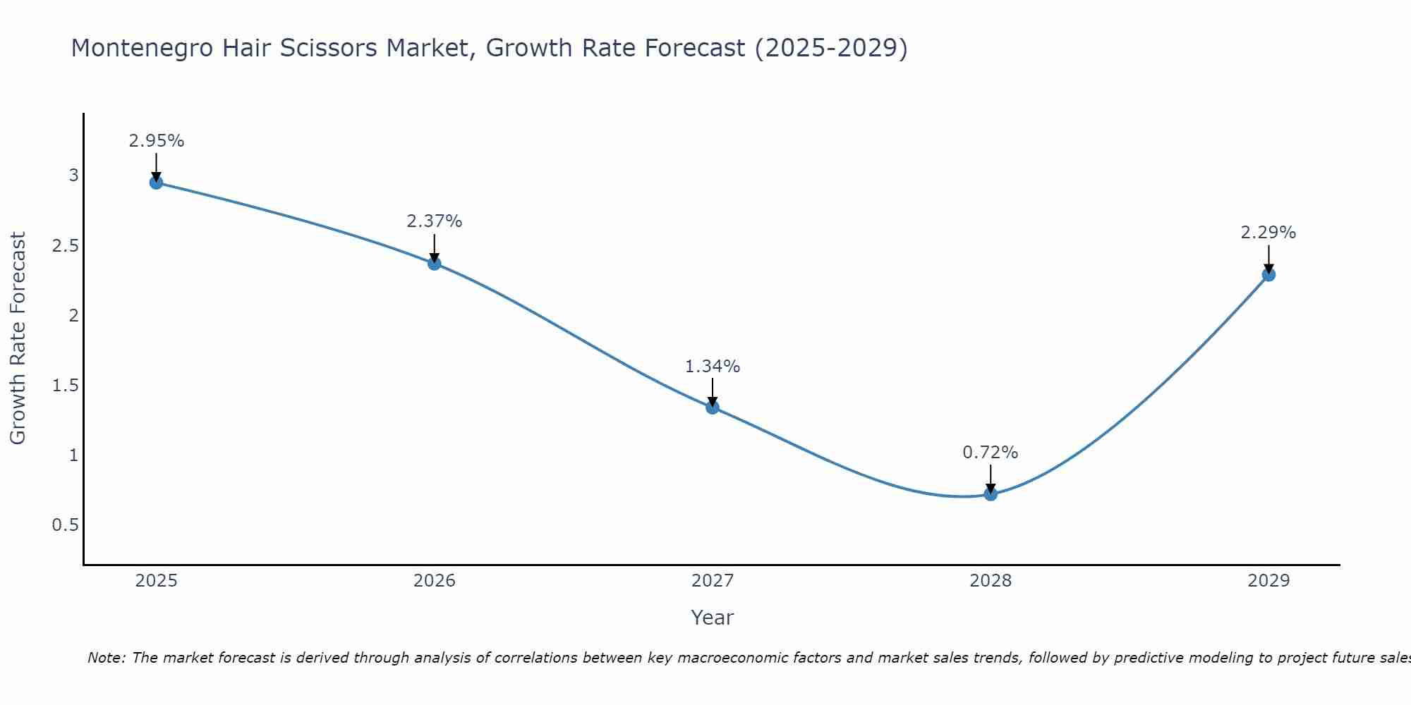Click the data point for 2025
click(x=156, y=183)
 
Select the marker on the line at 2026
click(x=435, y=264)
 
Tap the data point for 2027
click(x=713, y=407)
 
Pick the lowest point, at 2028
click(x=991, y=494)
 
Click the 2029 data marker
click(x=1268, y=275)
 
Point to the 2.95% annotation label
click(x=156, y=141)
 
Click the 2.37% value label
click(x=435, y=221)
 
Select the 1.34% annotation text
click(x=713, y=367)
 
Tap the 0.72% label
click(x=991, y=453)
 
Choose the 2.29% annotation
click(x=1268, y=233)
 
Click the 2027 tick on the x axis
click(x=713, y=581)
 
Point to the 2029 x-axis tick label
click(x=1268, y=581)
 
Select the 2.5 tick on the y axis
click(x=65, y=245)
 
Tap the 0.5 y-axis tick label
click(x=65, y=525)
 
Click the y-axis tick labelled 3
click(x=73, y=176)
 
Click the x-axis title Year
click(x=713, y=618)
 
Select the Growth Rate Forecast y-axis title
click(x=18, y=338)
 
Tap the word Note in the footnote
click(x=105, y=658)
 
